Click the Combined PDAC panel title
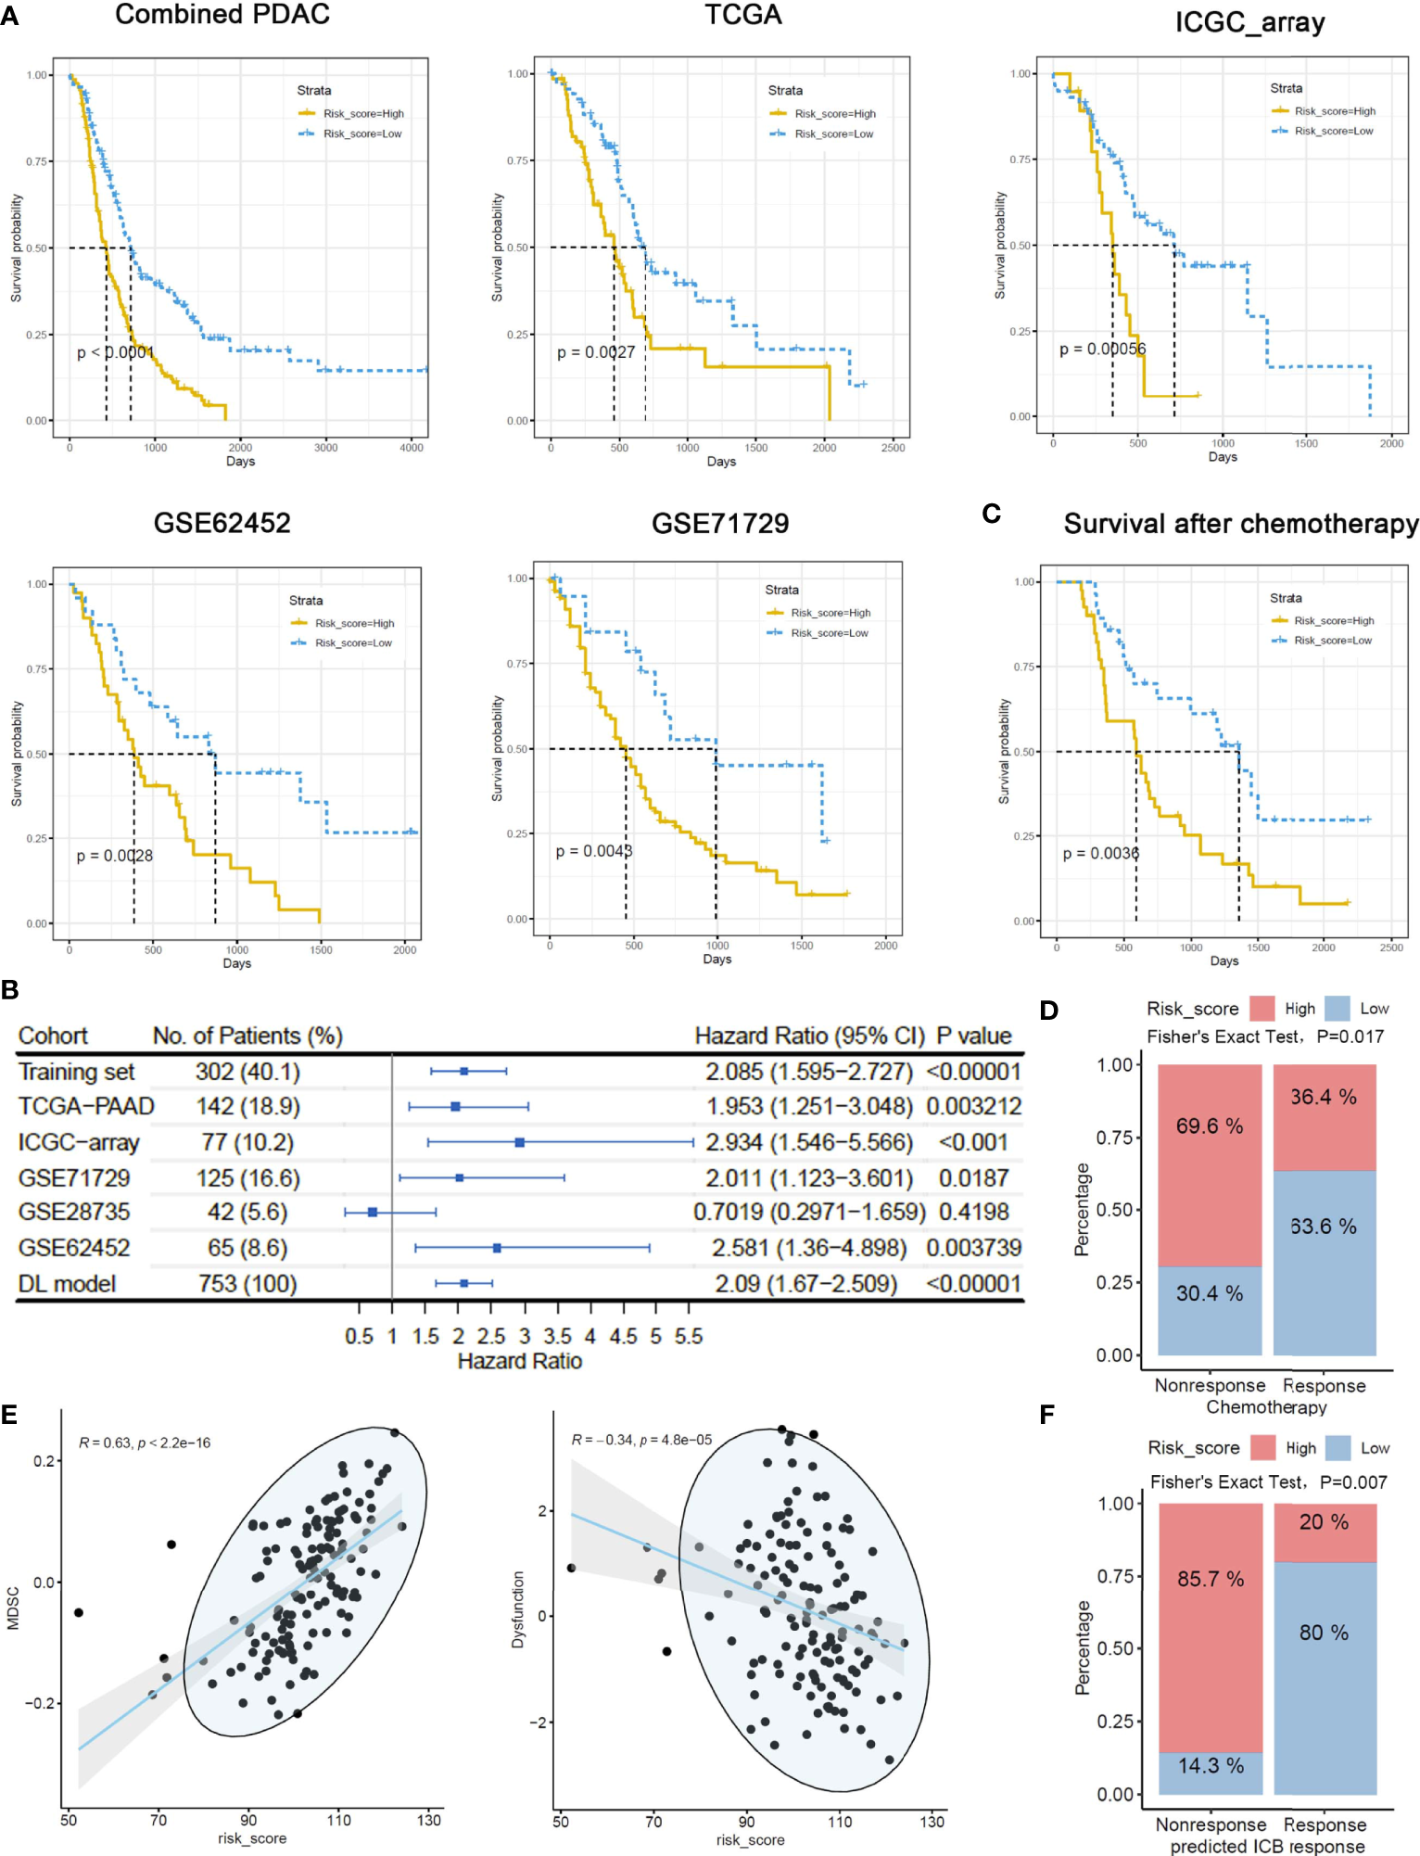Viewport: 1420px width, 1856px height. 222,15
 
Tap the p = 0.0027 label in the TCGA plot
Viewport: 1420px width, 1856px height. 596,352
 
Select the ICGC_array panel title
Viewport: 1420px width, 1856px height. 1249,22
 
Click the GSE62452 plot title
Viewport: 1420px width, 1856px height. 222,523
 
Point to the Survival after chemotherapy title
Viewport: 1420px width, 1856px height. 1240,524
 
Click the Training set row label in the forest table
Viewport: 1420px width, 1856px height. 76,1073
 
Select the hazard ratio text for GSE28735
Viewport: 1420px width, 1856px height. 808,1213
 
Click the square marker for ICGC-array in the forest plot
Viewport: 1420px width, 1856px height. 520,1142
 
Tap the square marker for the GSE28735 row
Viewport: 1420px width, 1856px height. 373,1212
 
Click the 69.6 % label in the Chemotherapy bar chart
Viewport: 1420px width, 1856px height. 1210,1126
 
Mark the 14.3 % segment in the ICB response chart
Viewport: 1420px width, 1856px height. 1211,1766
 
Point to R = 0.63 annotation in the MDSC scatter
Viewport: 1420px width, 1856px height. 145,1443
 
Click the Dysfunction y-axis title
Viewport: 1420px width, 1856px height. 518,1608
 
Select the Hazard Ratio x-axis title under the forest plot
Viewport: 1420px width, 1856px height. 519,1361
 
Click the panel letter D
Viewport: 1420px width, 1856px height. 1048,1011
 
